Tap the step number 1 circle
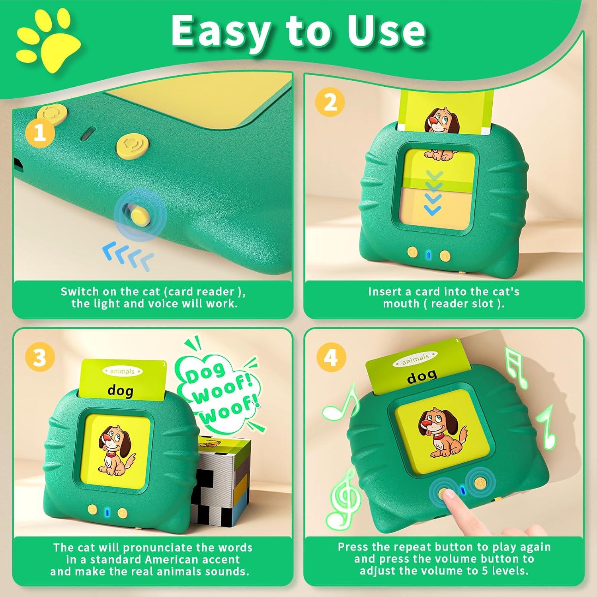click(39, 133)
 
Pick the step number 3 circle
click(39, 357)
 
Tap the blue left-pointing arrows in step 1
click(128, 256)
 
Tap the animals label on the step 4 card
click(415, 360)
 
